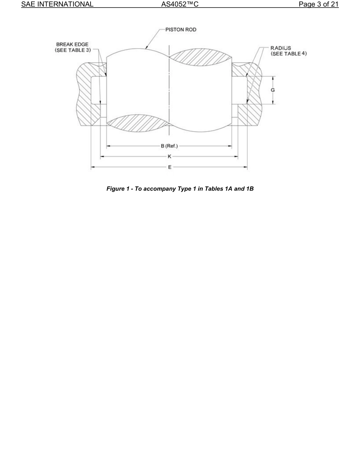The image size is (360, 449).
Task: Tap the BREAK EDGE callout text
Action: tap(72, 45)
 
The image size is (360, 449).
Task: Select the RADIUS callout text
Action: tap(280, 48)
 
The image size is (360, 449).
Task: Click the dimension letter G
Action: tap(273, 90)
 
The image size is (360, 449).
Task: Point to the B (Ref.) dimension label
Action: tap(169, 146)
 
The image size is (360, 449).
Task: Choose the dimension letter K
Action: tap(169, 156)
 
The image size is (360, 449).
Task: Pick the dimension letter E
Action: tap(169, 167)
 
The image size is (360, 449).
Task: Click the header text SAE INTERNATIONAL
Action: tap(57, 5)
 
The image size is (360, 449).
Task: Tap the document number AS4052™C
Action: tap(180, 5)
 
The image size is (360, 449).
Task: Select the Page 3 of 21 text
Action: tap(318, 5)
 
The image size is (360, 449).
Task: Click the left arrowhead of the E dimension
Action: tap(92, 167)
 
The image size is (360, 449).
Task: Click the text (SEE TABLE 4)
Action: tap(288, 53)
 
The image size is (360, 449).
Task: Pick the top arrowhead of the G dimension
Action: tap(273, 78)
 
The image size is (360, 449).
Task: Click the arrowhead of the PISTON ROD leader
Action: tap(146, 48)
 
